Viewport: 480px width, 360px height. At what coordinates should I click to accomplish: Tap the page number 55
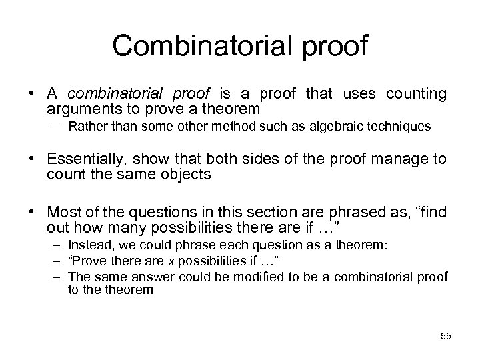click(x=445, y=336)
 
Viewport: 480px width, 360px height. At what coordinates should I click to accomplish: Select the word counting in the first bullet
click(x=416, y=94)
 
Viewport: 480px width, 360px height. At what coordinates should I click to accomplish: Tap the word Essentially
click(x=87, y=160)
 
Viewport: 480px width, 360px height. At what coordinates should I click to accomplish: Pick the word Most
click(x=63, y=211)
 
